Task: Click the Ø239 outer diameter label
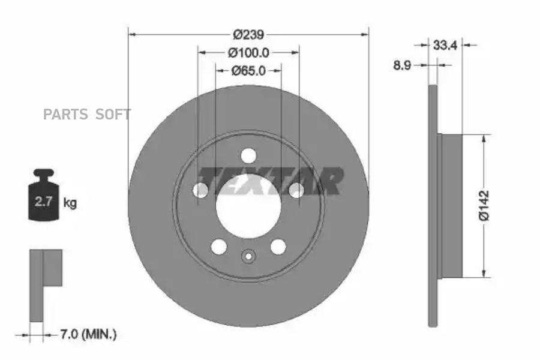(x=248, y=34)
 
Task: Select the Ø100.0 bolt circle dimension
(x=248, y=53)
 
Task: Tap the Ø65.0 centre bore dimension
(x=248, y=71)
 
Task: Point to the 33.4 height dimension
(x=445, y=45)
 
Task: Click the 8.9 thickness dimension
(x=402, y=65)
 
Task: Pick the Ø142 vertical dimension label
(x=484, y=205)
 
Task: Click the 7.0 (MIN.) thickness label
(x=89, y=334)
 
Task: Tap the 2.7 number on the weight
(x=43, y=202)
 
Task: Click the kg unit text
(x=70, y=203)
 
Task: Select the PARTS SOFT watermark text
(x=87, y=115)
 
